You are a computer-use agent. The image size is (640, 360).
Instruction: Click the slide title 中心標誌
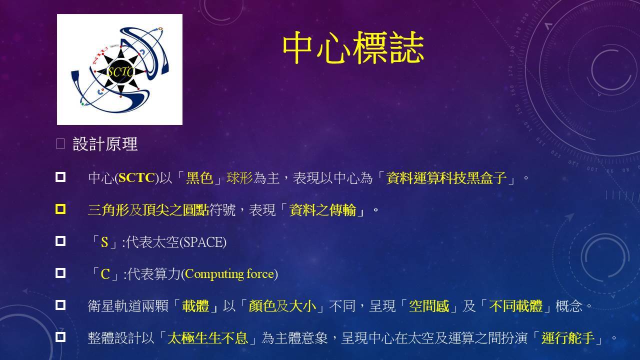353,47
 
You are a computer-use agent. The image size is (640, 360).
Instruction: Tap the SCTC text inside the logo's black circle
120,71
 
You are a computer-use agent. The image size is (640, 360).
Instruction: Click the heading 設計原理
105,143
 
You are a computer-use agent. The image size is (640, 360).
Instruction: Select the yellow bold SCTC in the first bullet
136,177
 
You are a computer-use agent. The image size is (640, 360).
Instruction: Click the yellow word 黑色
199,177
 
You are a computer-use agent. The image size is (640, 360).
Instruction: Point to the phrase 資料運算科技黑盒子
446,177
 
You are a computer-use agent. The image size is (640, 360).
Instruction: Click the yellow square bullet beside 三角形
60,209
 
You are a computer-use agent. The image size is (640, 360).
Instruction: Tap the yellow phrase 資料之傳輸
322,210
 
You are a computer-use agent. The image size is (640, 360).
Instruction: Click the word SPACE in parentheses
203,242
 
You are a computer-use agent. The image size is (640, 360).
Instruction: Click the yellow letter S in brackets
104,242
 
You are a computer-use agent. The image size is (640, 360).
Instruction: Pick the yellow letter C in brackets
105,274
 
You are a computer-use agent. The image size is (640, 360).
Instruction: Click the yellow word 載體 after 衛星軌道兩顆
195,306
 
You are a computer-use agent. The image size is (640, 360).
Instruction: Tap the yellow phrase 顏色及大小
282,306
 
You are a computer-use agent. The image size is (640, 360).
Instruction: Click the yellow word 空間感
429,306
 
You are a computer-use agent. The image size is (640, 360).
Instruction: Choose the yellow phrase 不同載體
515,306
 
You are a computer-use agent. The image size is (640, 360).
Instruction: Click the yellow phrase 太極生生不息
207,338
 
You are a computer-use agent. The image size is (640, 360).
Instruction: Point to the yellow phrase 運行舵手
568,338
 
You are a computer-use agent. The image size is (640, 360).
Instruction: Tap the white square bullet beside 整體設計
60,337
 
